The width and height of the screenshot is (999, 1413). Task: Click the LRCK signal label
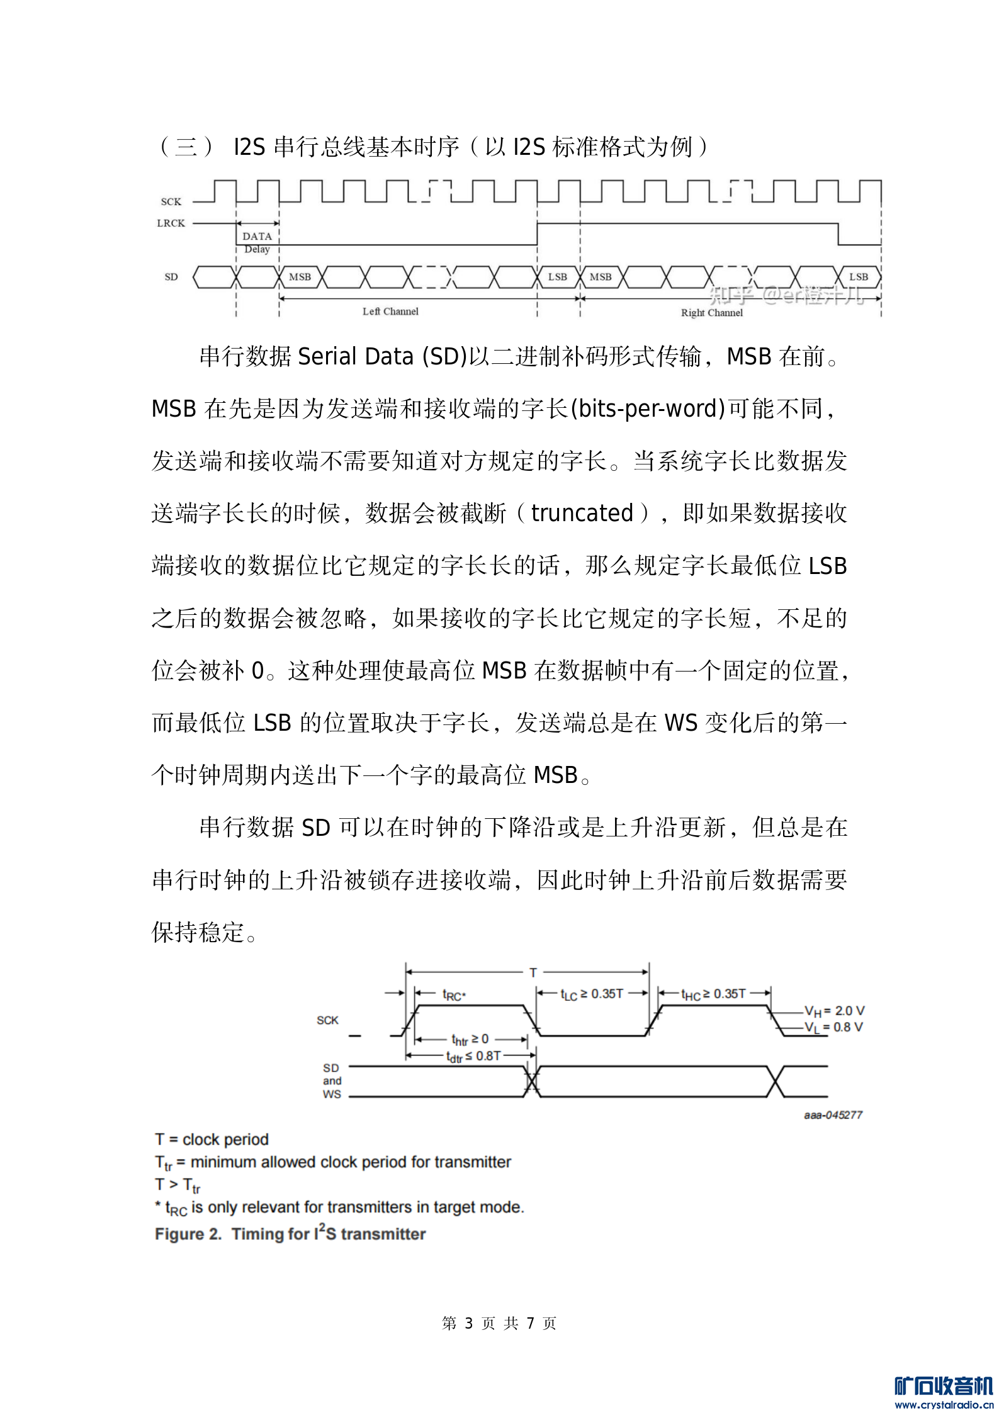[171, 223]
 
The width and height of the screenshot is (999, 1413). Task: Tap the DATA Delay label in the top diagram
[257, 242]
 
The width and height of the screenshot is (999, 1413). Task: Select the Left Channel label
[390, 312]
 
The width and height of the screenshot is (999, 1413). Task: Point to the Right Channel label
[711, 313]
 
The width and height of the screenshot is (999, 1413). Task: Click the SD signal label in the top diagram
[171, 277]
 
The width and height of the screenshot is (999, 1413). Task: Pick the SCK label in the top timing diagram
[171, 202]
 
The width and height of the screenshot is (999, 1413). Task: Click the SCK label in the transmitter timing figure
[327, 1020]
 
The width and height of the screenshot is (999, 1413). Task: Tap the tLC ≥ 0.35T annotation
[592, 994]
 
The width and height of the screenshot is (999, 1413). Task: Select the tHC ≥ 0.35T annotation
[713, 994]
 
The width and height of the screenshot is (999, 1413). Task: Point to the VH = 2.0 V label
[834, 1011]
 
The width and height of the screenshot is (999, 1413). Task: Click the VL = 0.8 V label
[833, 1028]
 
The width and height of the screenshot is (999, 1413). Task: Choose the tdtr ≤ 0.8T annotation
[473, 1057]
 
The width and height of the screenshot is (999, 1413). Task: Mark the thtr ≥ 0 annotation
[470, 1040]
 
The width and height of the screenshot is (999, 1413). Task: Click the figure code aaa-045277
[833, 1115]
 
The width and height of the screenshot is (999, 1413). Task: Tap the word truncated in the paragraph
[582, 514]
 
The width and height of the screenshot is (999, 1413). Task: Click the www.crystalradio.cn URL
[943, 1404]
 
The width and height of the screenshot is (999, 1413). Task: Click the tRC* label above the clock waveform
[453, 996]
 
